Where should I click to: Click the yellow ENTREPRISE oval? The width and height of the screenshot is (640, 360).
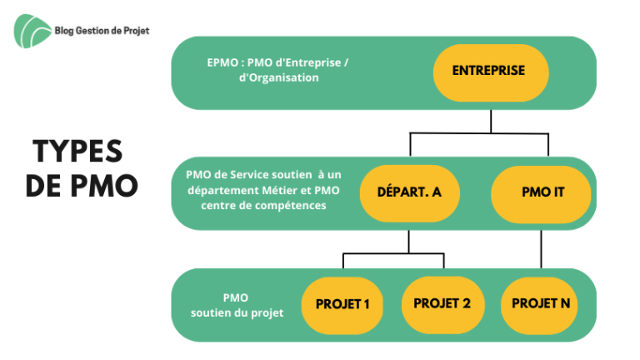[x=491, y=72]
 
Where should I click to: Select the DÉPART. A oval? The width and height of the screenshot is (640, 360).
[x=409, y=193]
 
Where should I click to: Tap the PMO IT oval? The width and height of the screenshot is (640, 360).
[x=541, y=194]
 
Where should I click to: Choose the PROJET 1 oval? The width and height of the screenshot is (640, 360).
[x=342, y=305]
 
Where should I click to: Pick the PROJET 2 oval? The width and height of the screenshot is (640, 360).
[x=442, y=305]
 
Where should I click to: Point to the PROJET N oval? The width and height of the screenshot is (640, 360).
[x=539, y=306]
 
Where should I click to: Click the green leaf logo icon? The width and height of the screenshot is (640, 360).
[x=32, y=31]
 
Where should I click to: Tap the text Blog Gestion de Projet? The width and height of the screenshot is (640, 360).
[x=102, y=31]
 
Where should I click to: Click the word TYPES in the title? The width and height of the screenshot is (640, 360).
[x=77, y=152]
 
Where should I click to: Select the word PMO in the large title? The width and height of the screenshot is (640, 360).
[x=104, y=186]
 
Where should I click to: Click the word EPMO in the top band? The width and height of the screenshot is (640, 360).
[x=222, y=62]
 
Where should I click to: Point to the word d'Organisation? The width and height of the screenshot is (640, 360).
[x=279, y=77]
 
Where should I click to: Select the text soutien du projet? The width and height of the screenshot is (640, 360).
[x=237, y=313]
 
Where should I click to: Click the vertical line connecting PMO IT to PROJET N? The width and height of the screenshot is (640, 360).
[x=541, y=249]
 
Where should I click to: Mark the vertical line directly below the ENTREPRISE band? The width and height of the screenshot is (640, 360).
[x=491, y=121]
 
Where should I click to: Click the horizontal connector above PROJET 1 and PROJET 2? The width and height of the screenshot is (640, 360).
[x=393, y=254]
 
